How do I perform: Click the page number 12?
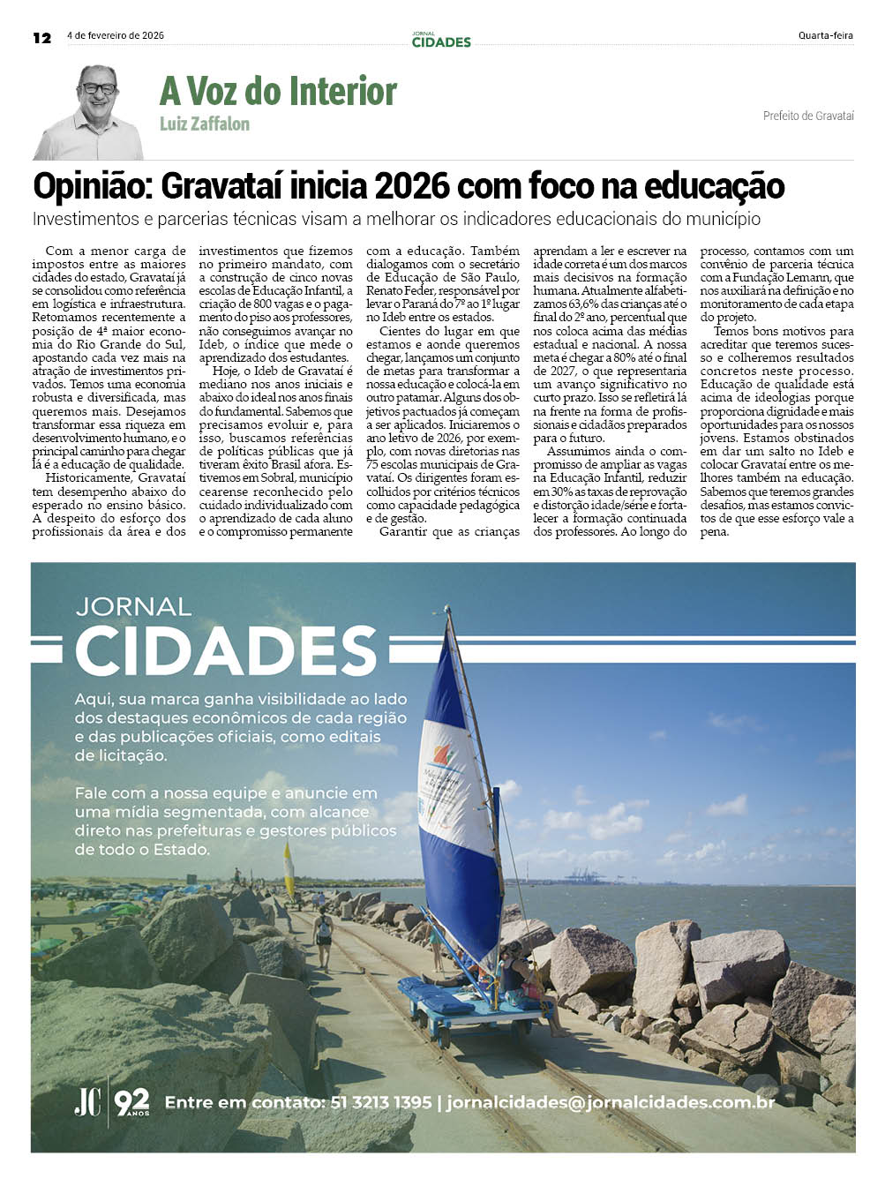(x=41, y=37)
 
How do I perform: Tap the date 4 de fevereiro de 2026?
(x=116, y=36)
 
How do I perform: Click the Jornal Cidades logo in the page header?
(x=441, y=40)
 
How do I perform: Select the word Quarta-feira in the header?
(x=825, y=36)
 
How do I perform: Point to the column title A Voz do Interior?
(x=278, y=92)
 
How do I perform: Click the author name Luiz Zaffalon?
(x=205, y=124)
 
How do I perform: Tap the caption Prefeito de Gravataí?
(x=808, y=116)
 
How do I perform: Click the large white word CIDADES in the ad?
(x=226, y=652)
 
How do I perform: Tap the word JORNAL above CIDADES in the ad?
(x=133, y=606)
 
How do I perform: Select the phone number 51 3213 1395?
(x=381, y=1102)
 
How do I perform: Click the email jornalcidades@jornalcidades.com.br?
(x=611, y=1102)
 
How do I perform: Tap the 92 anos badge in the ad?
(x=132, y=1101)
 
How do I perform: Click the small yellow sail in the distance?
(x=289, y=869)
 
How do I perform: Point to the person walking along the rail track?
(x=323, y=935)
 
